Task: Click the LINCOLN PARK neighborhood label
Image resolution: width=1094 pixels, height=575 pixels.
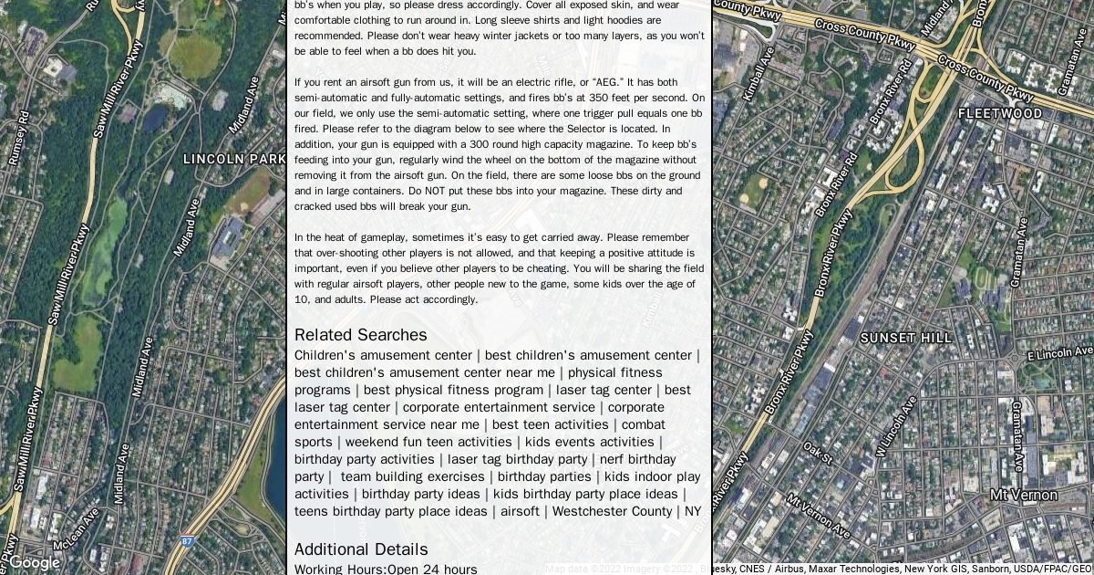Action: click(x=234, y=159)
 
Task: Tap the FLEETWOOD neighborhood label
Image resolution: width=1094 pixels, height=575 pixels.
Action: click(x=999, y=114)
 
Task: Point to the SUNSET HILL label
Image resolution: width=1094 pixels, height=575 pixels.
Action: click(x=905, y=338)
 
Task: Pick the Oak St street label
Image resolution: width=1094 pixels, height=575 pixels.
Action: click(x=819, y=452)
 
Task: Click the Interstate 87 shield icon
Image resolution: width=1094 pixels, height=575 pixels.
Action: click(x=187, y=542)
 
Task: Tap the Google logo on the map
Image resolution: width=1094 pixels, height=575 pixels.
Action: click(x=34, y=562)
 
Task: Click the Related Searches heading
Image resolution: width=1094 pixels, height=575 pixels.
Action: click(x=360, y=335)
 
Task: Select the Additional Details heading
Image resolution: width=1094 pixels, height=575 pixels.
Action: click(x=361, y=549)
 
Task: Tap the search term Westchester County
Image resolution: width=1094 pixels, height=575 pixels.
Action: click(x=612, y=511)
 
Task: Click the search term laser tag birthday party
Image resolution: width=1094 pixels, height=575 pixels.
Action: click(x=517, y=459)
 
